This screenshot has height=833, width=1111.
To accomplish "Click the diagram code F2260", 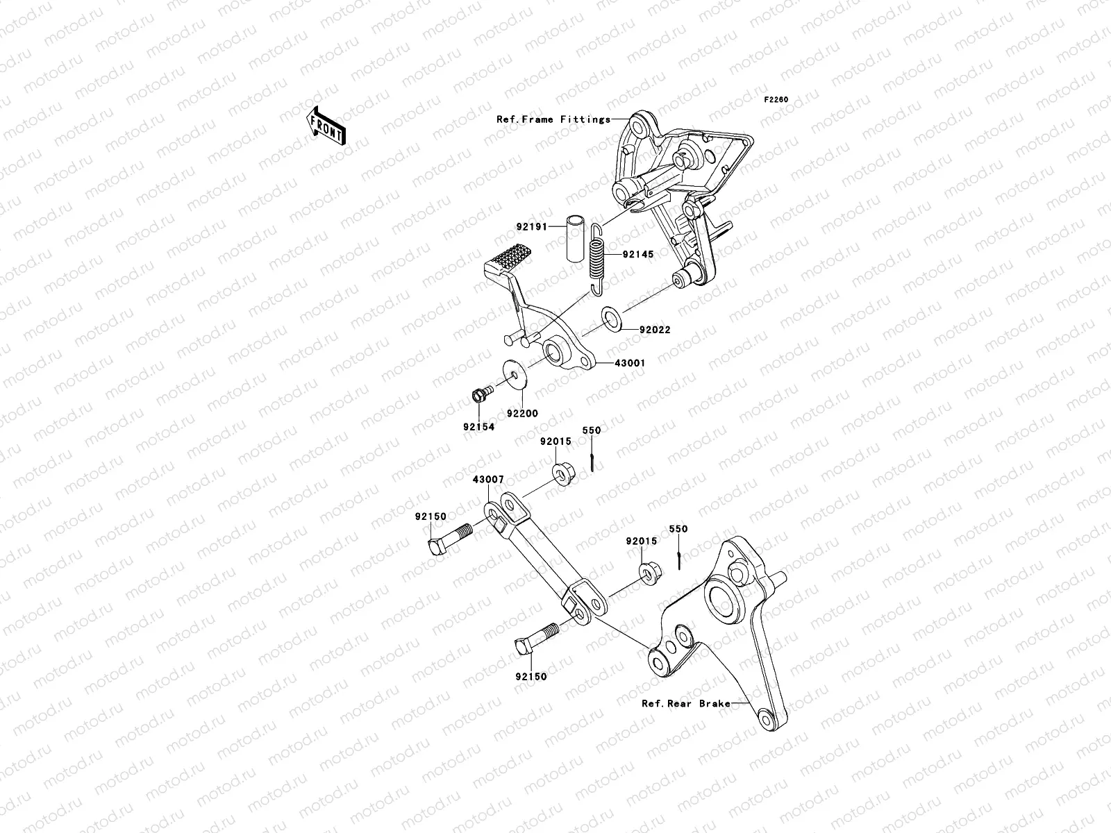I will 776,100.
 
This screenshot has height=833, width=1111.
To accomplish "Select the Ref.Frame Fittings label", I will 562,119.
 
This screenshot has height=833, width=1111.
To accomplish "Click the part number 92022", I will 655,330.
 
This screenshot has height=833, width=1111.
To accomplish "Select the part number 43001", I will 630,363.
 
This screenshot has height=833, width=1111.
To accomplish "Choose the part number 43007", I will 488,480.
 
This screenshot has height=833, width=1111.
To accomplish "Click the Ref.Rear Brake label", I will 686,703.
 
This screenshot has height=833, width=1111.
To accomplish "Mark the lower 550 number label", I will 678,529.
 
